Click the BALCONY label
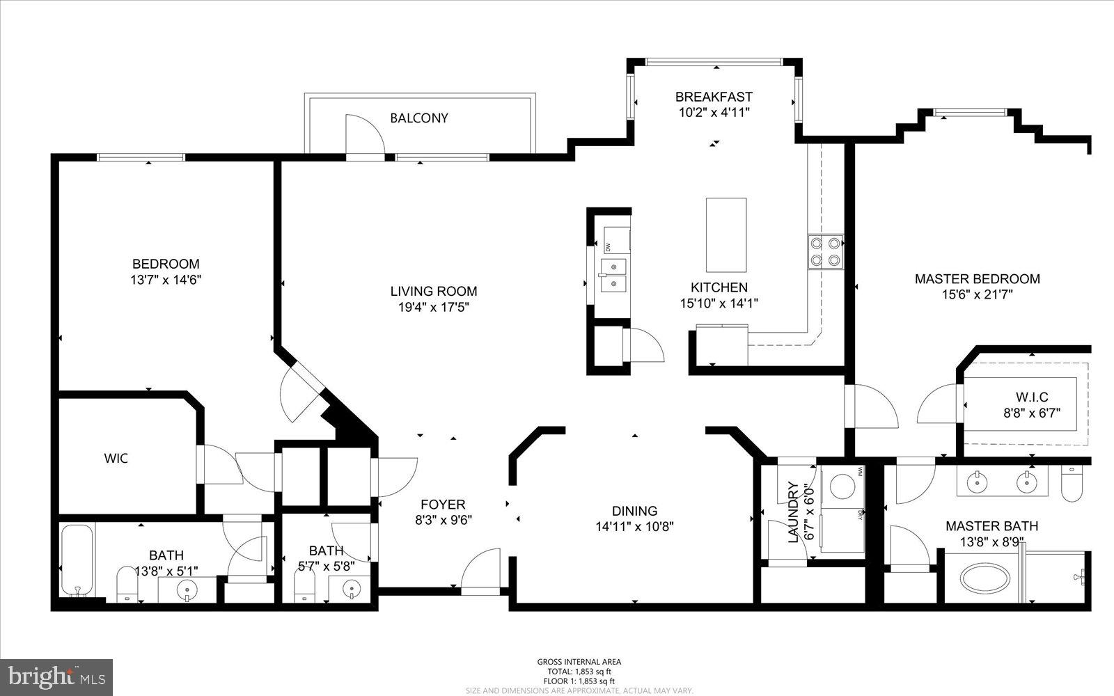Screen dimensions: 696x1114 (418, 118)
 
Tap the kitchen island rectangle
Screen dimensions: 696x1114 (726, 235)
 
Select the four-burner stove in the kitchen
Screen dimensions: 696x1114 (825, 252)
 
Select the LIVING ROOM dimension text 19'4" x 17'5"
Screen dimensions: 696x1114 (433, 307)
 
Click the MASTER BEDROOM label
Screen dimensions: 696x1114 (977, 279)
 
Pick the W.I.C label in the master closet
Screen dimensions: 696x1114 (1032, 397)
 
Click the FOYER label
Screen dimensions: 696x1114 (443, 505)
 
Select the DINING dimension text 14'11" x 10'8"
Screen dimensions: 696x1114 (634, 527)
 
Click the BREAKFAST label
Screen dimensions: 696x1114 (714, 97)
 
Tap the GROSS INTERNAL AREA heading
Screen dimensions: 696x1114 (579, 662)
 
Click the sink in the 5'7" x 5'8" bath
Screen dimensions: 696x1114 (352, 590)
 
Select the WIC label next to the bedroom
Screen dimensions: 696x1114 (116, 459)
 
